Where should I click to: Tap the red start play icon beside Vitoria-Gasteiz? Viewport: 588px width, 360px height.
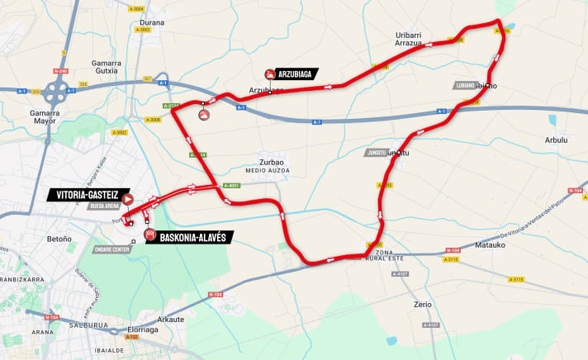pos(128,198)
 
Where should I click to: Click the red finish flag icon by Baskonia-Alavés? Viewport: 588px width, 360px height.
pos(149,235)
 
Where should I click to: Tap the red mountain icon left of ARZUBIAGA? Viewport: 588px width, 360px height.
pos(269,73)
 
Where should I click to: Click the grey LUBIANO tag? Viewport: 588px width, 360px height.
pos(465,85)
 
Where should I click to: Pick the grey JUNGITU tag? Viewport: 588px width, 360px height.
pos(376,152)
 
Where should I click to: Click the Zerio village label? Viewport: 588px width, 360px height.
pos(423,304)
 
